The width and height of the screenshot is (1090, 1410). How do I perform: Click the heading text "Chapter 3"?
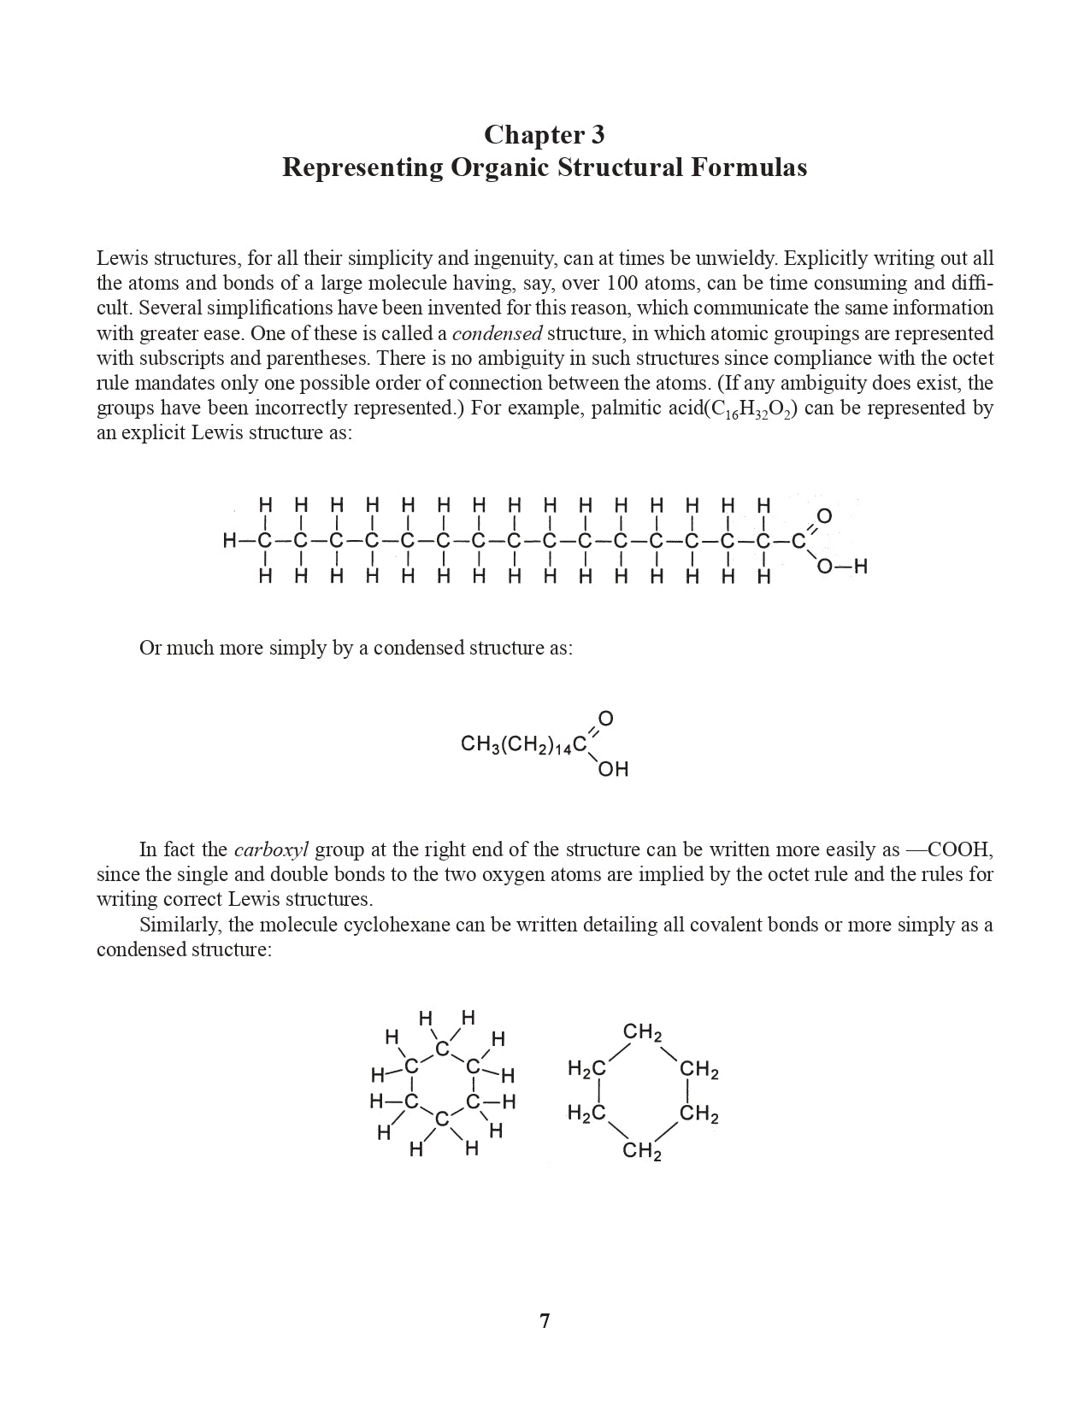click(x=545, y=135)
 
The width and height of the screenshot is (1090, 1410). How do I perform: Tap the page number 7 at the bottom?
click(x=545, y=1321)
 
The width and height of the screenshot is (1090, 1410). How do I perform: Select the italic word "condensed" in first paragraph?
click(x=496, y=333)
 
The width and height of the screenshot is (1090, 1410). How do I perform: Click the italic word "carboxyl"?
click(x=271, y=850)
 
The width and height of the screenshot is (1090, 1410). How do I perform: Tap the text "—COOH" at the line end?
click(x=948, y=850)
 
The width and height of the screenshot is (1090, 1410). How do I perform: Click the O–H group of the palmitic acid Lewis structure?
click(x=842, y=567)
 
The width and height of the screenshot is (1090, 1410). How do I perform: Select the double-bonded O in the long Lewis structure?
click(x=824, y=516)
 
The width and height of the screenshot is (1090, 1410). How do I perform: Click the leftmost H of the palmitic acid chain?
click(x=230, y=540)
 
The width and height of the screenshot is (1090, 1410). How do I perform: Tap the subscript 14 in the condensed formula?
click(x=561, y=749)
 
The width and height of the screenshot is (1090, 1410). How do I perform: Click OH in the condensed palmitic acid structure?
click(x=613, y=770)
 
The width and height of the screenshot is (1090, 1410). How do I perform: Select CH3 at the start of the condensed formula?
click(x=479, y=744)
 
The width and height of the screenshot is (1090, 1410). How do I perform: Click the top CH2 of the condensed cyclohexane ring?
click(x=642, y=1034)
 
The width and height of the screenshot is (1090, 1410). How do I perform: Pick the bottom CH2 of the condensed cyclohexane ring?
click(x=642, y=1152)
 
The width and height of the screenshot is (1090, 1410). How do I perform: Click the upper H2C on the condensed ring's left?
click(x=586, y=1069)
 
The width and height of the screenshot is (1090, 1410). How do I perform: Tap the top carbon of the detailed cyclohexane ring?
click(x=441, y=1049)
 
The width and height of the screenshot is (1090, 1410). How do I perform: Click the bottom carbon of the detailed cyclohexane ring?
click(x=441, y=1119)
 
